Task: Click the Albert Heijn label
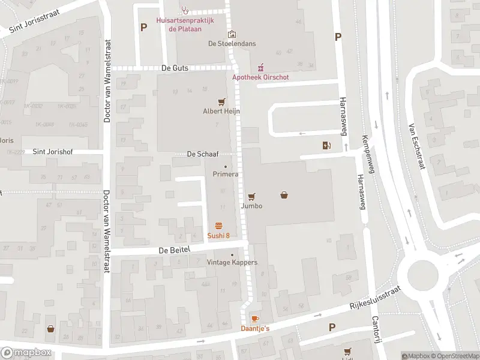click(221, 111)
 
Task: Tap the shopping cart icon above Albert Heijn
click(222, 102)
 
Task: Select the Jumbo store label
click(252, 206)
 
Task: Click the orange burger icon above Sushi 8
click(219, 226)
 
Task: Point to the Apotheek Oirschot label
click(260, 77)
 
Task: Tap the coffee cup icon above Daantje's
click(255, 319)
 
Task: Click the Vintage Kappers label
click(232, 263)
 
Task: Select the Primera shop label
click(226, 174)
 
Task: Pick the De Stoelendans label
click(231, 43)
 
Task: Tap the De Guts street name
click(175, 68)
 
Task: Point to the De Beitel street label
click(174, 250)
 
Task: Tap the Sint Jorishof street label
click(53, 152)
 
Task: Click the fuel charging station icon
click(326, 145)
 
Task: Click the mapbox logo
click(26, 353)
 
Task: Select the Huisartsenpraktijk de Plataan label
click(186, 24)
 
